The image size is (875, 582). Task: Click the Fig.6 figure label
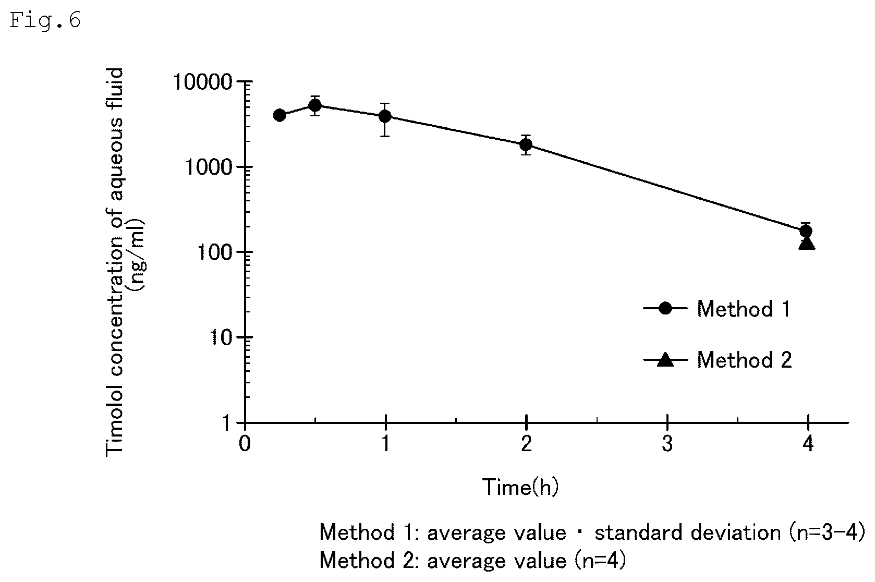coord(45,20)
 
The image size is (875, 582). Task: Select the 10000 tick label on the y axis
coord(203,82)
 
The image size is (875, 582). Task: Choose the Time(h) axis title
coord(521,487)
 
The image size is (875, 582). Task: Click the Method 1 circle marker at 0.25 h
coord(279,115)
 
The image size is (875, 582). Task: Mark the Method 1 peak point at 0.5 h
coord(315,105)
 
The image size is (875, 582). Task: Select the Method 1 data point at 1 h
coord(385,116)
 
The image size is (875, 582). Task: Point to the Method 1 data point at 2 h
coord(526,145)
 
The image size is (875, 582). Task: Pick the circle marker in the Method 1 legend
coord(665,309)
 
